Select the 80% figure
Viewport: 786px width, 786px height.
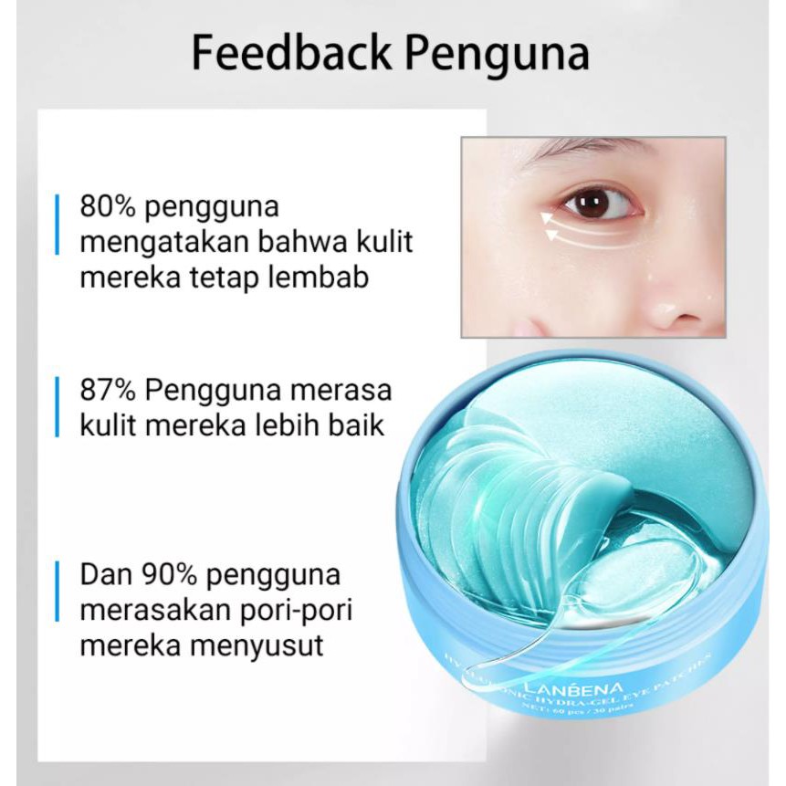pos(109,206)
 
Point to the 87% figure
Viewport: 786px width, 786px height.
pos(109,391)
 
